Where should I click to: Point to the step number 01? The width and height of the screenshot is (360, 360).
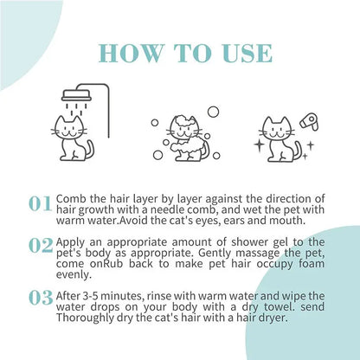41,204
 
